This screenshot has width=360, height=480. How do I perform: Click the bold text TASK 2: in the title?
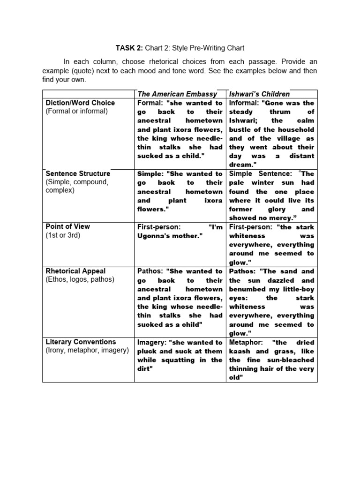click(x=130, y=48)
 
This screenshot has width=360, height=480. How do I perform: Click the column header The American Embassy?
click(x=177, y=94)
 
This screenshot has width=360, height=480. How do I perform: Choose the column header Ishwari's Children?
click(x=259, y=94)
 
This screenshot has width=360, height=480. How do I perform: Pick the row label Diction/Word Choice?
click(x=80, y=103)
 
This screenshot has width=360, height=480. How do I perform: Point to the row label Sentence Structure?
click(x=78, y=173)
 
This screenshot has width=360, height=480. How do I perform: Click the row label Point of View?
click(x=67, y=226)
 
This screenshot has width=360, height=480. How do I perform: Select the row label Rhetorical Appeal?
click(x=75, y=271)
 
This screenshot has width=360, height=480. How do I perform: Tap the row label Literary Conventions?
click(x=80, y=342)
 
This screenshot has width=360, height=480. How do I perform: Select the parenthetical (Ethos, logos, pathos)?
click(x=80, y=280)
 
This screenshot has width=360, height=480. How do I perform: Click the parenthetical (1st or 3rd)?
click(x=63, y=235)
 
